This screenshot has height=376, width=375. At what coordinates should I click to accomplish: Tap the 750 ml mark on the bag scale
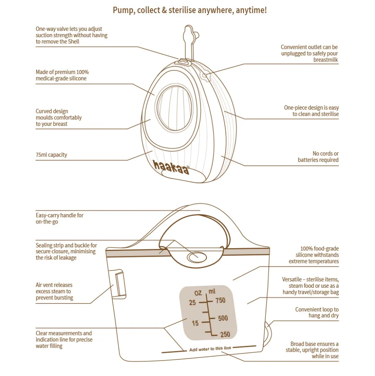(220, 300)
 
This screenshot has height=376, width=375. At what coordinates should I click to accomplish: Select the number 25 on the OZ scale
(193, 302)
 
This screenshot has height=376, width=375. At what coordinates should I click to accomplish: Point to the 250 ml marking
(224, 335)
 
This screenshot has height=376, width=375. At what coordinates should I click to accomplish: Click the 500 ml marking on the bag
(223, 318)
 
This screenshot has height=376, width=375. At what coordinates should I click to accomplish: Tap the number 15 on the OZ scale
(195, 323)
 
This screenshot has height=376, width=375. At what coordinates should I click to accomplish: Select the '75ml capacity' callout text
(51, 155)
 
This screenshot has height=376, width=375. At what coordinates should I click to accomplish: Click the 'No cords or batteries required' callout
(318, 157)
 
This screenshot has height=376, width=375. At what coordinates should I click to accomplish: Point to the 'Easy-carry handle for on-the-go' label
(60, 218)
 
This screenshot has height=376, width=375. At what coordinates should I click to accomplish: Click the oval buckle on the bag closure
(196, 256)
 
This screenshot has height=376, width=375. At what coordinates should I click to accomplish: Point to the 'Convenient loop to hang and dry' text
(317, 312)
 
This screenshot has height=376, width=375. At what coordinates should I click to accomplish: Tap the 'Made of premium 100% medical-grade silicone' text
(62, 75)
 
